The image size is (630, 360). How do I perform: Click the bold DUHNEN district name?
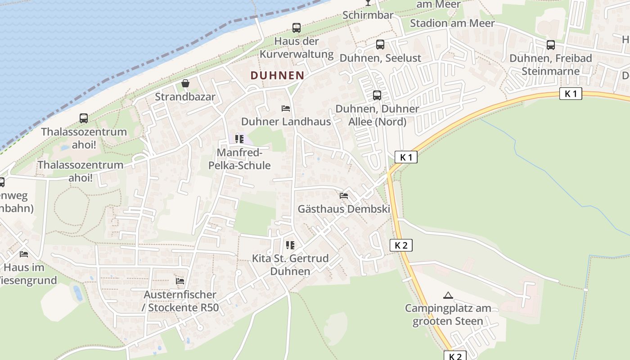point(277,76)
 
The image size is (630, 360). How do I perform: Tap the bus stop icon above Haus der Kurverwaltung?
point(297,28)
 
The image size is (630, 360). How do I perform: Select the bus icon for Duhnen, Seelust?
point(380,45)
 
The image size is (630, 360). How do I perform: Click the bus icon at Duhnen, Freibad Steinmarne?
point(551,45)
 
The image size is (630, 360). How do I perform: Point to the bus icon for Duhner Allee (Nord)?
point(377,95)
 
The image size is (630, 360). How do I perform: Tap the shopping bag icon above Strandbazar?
point(185,83)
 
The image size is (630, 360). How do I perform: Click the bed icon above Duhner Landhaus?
point(285,108)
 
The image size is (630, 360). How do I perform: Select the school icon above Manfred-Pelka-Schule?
point(239,139)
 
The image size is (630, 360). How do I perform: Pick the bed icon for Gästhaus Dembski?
point(344,196)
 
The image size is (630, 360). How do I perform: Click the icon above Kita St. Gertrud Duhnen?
point(290,245)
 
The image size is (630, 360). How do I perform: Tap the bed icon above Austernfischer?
point(180,281)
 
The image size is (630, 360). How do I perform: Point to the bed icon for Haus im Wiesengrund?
point(24,254)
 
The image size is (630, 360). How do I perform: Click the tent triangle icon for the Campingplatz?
point(448,296)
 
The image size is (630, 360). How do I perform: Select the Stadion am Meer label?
point(452,23)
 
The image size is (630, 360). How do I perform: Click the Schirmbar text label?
point(368,15)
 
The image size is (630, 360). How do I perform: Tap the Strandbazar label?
point(185,97)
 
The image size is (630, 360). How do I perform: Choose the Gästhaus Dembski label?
point(344,209)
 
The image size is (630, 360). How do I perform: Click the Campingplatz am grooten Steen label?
point(448,315)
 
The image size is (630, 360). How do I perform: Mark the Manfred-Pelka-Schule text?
point(239,159)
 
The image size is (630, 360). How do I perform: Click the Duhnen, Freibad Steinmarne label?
point(551,65)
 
